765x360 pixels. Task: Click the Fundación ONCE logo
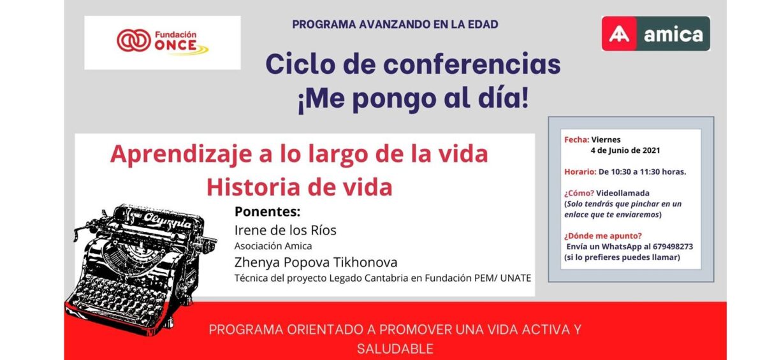162,42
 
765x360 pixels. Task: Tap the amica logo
655,34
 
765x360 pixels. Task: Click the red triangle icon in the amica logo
618,34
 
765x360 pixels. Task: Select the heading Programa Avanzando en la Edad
395,25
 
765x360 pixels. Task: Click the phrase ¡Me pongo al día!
413,99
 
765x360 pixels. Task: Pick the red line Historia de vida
299,187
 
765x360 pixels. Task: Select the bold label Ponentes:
267,212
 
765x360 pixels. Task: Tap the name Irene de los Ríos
286,230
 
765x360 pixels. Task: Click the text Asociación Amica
273,246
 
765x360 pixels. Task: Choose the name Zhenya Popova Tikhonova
316,262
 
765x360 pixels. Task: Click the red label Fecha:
576,140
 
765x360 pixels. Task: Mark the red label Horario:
580,172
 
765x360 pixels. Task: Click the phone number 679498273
668,247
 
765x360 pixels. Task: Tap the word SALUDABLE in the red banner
395,349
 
